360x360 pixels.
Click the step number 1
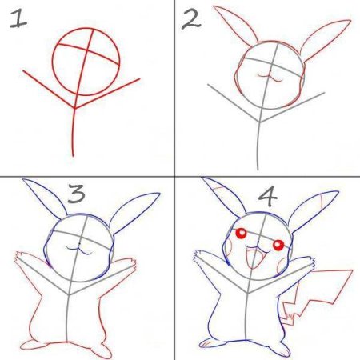click(x=18, y=18)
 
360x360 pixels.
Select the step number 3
click(x=77, y=193)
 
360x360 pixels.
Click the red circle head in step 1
click(x=53, y=62)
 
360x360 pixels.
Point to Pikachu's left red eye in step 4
click(x=242, y=234)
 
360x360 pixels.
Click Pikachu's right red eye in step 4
click(x=278, y=245)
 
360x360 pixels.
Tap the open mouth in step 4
click(x=255, y=258)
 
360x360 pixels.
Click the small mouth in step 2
click(x=270, y=77)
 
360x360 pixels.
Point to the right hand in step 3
click(x=130, y=263)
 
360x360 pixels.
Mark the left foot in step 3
click(x=32, y=345)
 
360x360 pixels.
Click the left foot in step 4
click(x=210, y=342)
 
